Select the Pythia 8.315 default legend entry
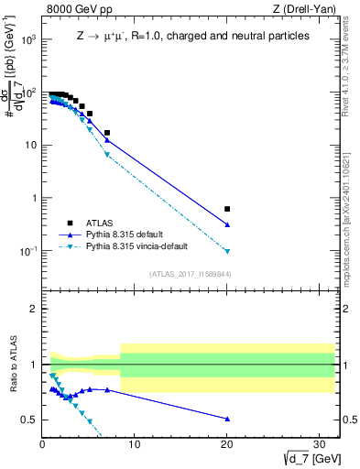click(128, 234)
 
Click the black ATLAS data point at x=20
click(227, 209)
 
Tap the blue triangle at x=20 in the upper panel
click(227, 224)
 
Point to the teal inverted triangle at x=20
click(227, 251)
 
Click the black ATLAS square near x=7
click(107, 133)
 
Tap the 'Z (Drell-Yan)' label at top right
click(307, 10)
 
